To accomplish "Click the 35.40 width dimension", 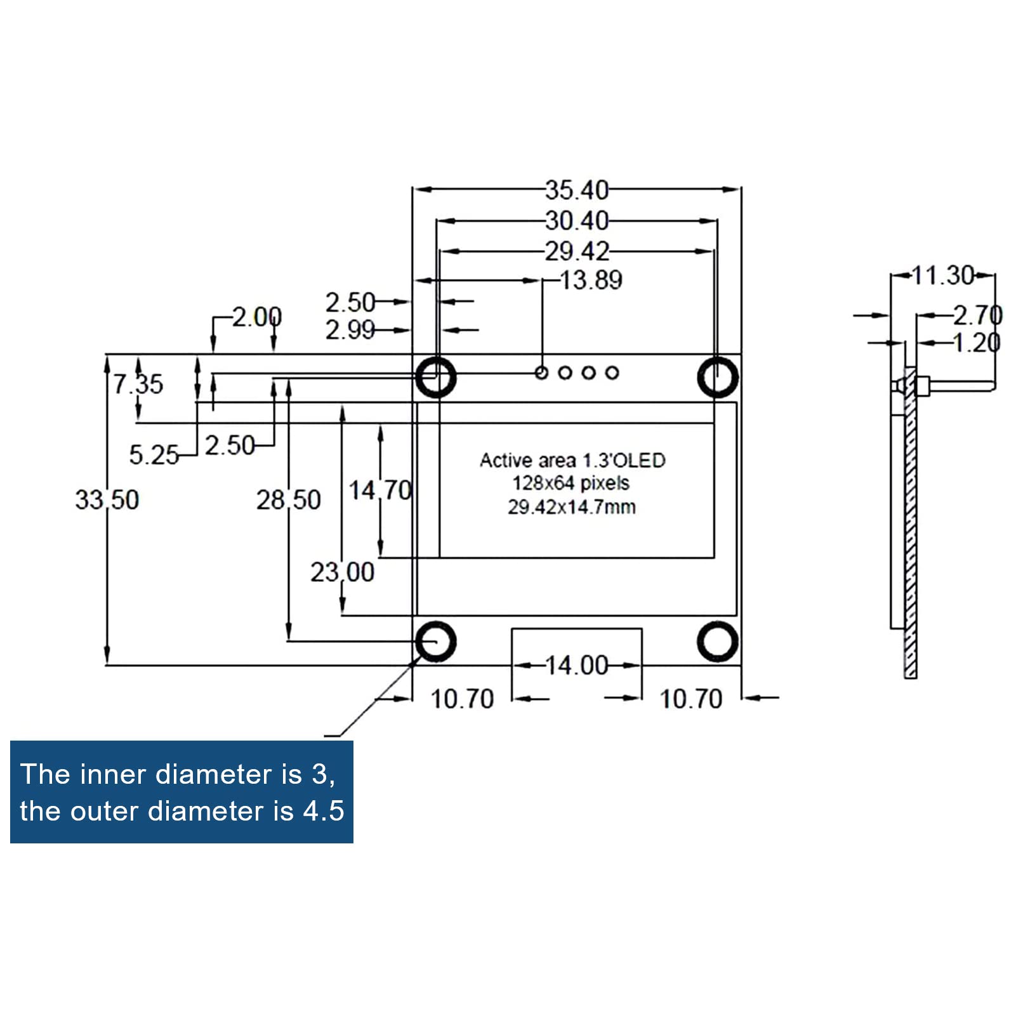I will click(576, 190).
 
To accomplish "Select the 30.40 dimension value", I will click(576, 221).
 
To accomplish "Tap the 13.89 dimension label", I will click(591, 280).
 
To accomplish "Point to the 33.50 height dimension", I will click(107, 499).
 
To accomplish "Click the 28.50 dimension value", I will click(288, 500).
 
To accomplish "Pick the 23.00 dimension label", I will click(342, 572).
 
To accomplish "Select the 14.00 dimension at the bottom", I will click(576, 665).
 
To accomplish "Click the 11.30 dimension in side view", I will click(942, 275).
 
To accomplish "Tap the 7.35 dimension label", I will click(138, 384).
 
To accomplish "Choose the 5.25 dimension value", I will click(154, 454).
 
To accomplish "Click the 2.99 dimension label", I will click(350, 330).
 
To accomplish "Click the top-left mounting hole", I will click(435, 377).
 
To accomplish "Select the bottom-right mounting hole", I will click(717, 641).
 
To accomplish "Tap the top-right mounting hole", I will click(717, 377).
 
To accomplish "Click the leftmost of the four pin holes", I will click(541, 373).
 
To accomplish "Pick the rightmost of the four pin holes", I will click(612, 373).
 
